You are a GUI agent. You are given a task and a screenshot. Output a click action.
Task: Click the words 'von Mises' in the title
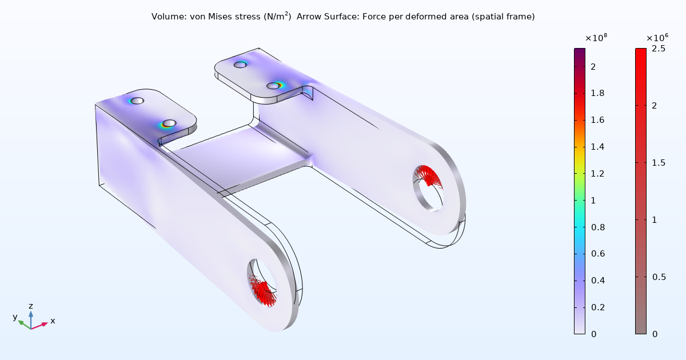click(x=204, y=17)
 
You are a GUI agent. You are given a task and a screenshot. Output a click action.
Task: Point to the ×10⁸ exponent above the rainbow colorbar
click(x=596, y=38)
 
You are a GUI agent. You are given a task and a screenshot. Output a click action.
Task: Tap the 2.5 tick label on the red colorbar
click(x=658, y=49)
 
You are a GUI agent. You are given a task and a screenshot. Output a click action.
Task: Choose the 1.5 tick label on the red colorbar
click(x=658, y=163)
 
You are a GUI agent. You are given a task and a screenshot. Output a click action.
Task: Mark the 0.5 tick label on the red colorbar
click(x=658, y=277)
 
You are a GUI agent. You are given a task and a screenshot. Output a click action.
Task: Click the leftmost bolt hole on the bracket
click(x=137, y=101)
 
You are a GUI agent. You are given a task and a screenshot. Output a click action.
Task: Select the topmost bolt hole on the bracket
click(x=241, y=65)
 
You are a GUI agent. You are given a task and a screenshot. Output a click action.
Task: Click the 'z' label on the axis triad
click(x=31, y=306)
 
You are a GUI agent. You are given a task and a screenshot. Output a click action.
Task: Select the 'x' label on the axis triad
click(x=53, y=321)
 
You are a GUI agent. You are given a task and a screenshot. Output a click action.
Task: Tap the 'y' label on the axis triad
click(x=15, y=317)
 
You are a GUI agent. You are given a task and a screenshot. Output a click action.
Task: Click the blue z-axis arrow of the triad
click(x=31, y=317)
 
